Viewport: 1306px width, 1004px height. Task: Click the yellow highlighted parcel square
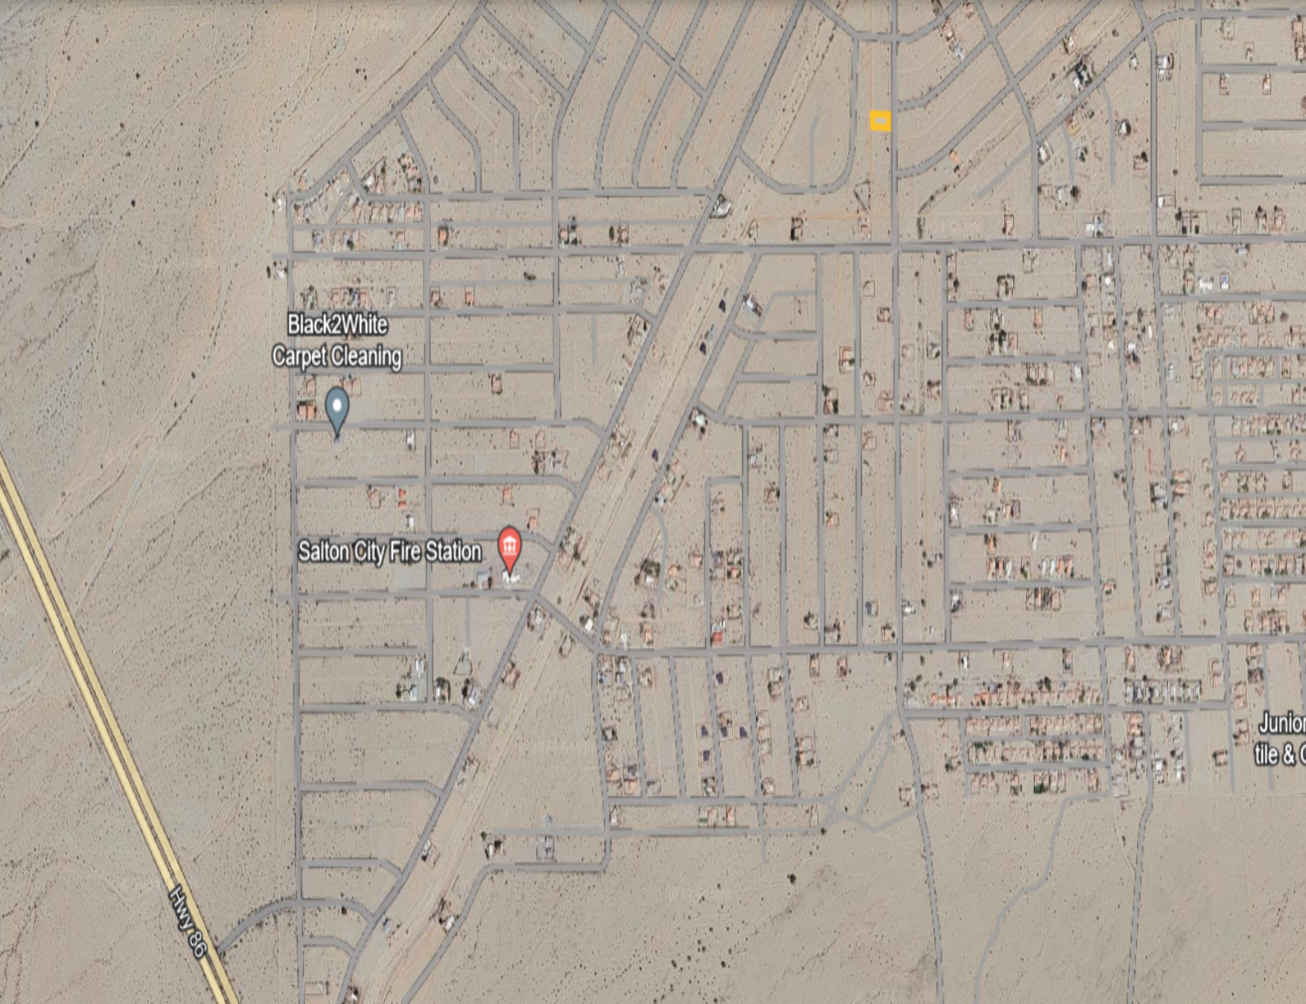click(880, 122)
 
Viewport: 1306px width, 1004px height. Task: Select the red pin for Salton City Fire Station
click(509, 547)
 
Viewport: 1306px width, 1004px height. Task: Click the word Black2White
click(337, 325)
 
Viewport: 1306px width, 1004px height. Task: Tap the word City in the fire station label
click(370, 552)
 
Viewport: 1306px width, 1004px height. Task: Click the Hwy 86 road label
click(188, 922)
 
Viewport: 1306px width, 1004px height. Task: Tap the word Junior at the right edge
click(1282, 723)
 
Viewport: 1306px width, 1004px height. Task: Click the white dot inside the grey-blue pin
click(337, 402)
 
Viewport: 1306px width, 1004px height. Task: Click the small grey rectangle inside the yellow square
click(880, 122)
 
